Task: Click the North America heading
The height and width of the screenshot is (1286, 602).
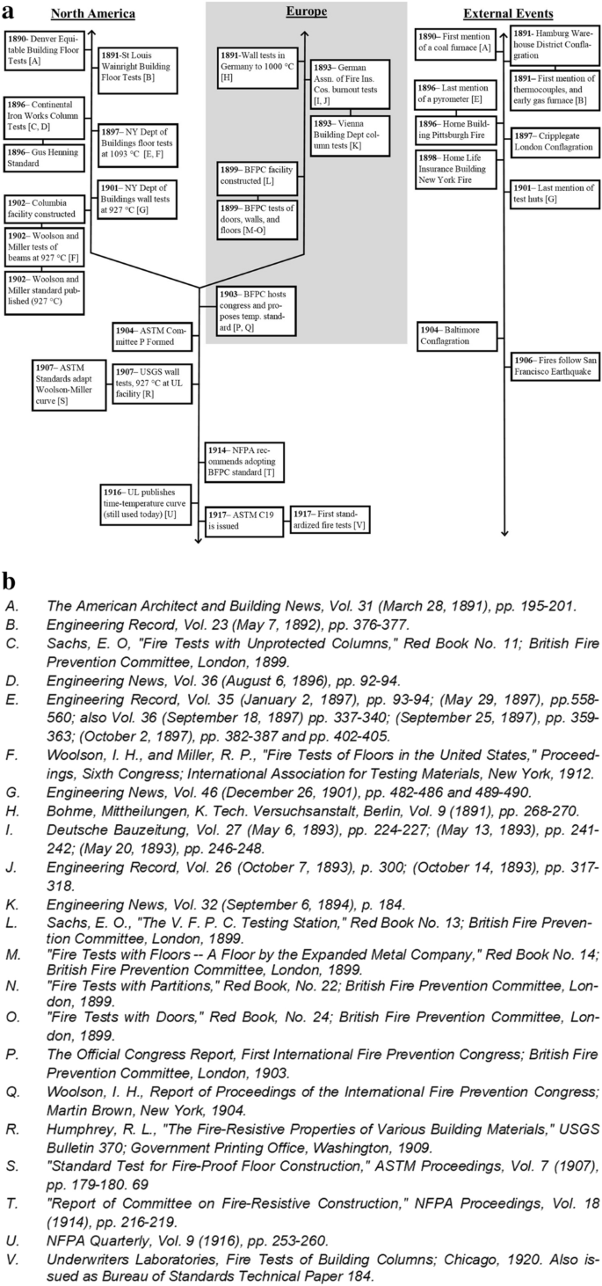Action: pyautogui.click(x=93, y=14)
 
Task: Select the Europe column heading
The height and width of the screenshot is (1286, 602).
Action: pyautogui.click(x=306, y=11)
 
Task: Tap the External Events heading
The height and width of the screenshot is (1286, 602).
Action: pyautogui.click(x=508, y=14)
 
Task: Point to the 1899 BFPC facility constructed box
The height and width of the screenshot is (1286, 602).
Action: pyautogui.click(x=257, y=174)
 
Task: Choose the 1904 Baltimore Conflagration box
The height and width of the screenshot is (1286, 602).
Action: pyautogui.click(x=455, y=335)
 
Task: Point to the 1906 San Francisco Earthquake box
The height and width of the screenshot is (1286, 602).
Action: pyautogui.click(x=555, y=366)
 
